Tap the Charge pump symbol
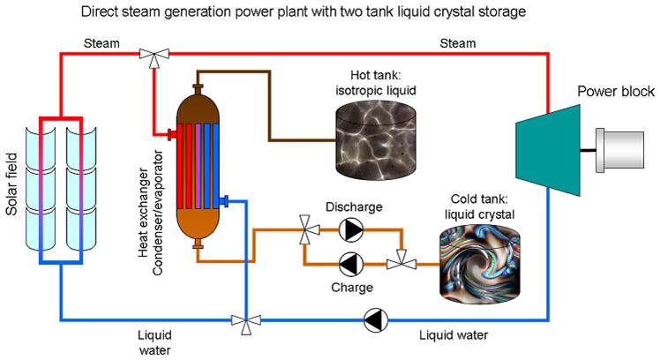350,263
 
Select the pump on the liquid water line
374,319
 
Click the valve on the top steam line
155,56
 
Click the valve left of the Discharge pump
307,231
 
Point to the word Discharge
353,207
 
